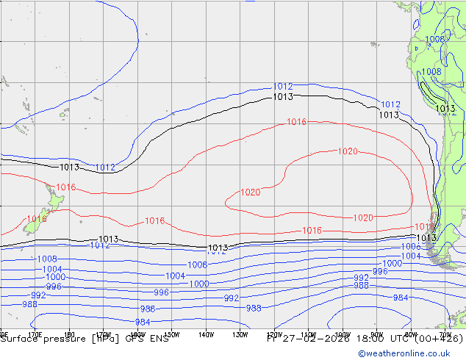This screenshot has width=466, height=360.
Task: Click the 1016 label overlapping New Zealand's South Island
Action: point(37,219)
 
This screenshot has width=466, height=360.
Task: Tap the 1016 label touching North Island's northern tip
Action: point(66,187)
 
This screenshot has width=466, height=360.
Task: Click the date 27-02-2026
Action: point(304,339)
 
